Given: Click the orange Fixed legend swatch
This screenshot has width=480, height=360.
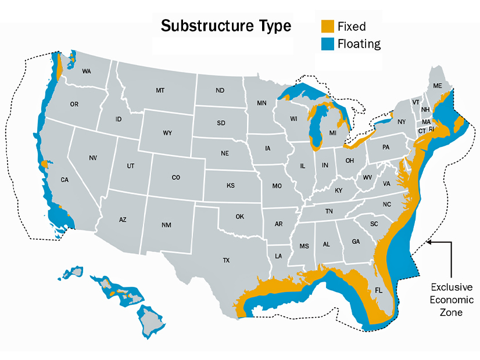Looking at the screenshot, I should click(328, 26).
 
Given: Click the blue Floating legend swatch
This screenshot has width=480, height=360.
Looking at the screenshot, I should click(328, 44).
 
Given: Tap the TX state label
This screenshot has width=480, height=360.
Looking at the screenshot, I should click(226, 261).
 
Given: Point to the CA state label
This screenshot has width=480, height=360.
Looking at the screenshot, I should click(65, 180).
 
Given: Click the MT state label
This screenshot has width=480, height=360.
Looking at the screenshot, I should click(160, 91).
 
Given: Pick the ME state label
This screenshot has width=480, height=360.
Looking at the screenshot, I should click(438, 86).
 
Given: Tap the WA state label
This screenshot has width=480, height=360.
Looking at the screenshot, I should click(87, 71).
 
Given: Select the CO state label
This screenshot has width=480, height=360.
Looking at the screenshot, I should click(176, 178).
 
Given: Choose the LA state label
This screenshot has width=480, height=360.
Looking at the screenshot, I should click(278, 255).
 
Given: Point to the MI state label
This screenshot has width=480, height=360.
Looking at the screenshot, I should click(333, 133).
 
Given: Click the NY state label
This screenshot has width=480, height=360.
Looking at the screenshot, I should click(402, 122).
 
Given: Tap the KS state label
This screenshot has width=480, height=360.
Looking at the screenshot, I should click(230, 186).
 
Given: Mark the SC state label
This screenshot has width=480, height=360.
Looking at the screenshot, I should click(374, 224).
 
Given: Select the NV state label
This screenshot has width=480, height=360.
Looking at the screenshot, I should click(93, 158).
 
